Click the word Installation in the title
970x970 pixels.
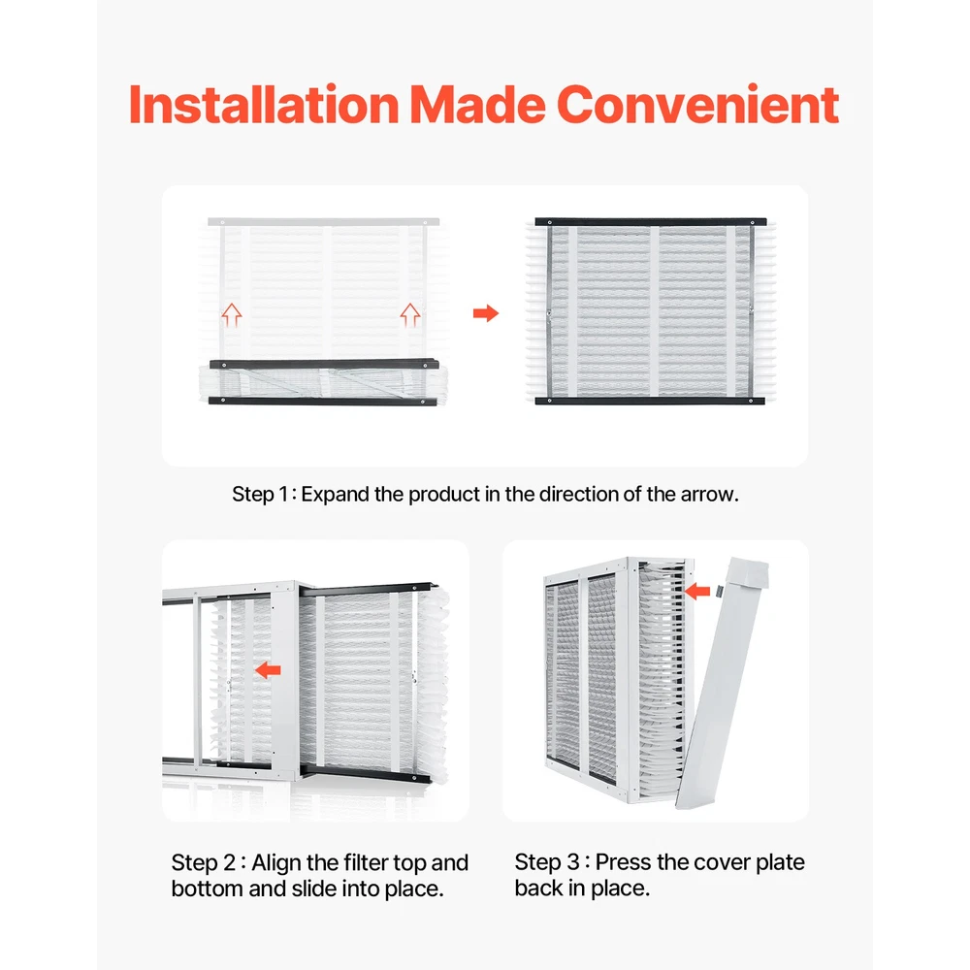click(264, 104)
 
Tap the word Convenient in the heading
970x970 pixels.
click(697, 104)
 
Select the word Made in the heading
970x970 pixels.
click(477, 104)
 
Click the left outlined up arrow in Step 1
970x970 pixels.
click(232, 315)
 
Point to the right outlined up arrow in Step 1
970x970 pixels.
click(409, 315)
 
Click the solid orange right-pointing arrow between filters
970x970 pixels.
click(486, 313)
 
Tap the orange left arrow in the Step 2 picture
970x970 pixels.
click(268, 669)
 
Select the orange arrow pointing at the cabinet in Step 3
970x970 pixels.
click(697, 592)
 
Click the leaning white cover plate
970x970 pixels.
click(722, 682)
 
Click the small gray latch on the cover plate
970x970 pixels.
click(721, 592)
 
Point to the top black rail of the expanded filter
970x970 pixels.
click(651, 221)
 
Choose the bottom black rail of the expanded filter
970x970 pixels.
click(650, 401)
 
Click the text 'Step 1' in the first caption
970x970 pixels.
click(260, 495)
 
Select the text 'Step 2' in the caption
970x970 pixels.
click(204, 863)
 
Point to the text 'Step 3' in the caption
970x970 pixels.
click(547, 862)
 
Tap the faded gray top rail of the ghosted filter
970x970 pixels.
click(324, 221)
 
